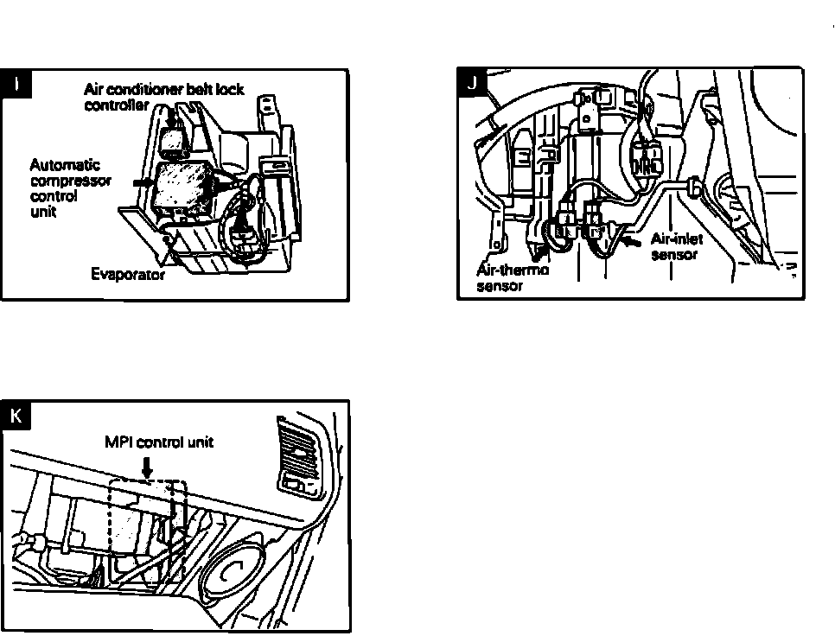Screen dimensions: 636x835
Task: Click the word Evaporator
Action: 128,276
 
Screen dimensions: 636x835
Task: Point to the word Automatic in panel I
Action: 65,165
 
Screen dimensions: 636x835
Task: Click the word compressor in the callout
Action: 71,181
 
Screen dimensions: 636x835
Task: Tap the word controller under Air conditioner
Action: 117,105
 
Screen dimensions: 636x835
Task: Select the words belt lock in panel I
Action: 211,90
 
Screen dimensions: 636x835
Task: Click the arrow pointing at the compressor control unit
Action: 141,183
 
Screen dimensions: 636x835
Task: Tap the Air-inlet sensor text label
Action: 677,246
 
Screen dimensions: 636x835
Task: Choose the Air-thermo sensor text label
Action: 513,277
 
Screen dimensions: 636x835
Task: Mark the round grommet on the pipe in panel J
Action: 693,185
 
